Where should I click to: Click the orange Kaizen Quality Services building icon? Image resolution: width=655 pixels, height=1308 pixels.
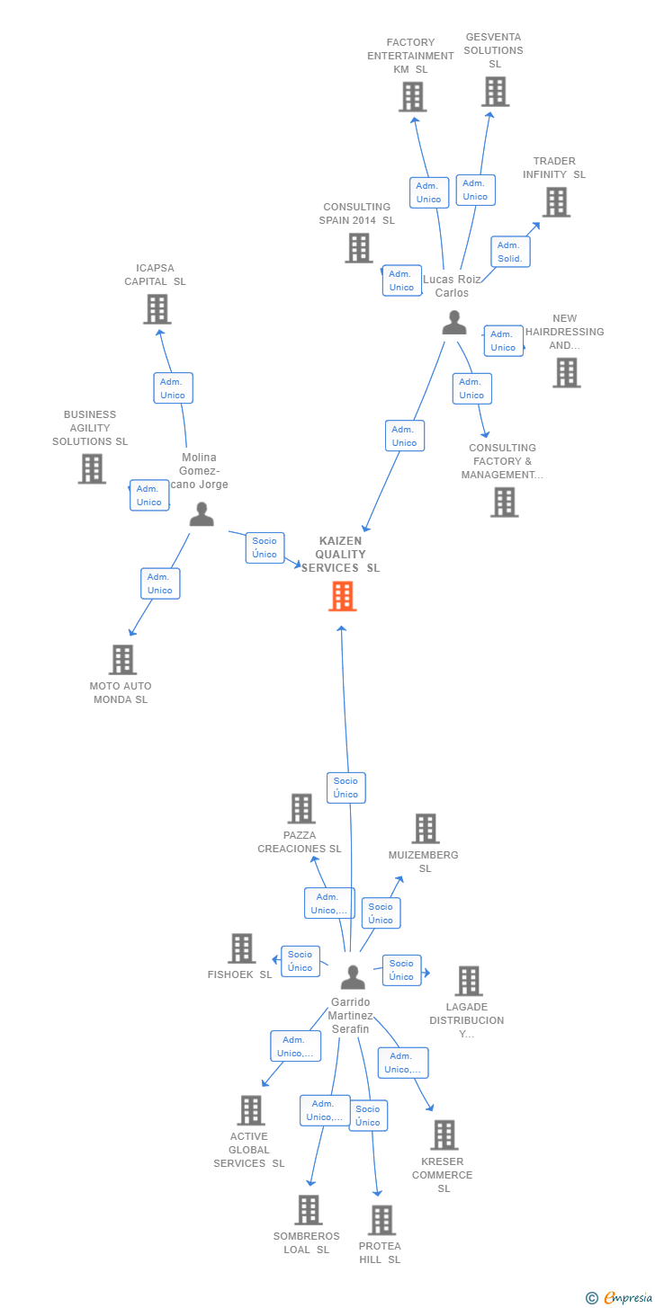pos(342,596)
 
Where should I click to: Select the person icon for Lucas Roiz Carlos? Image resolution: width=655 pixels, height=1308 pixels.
pos(454,323)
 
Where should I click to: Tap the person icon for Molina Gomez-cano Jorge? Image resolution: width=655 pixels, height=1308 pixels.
pos(202,514)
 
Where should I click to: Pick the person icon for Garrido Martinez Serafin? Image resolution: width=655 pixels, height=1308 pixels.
pos(354,977)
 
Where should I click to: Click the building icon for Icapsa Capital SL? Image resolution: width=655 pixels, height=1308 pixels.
pos(157,309)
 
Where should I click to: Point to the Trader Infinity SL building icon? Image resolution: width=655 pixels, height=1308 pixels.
pos(556,202)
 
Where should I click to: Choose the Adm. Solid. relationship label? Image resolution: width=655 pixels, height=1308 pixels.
pos(510,252)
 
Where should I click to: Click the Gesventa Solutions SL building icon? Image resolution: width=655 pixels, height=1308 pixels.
pos(495,92)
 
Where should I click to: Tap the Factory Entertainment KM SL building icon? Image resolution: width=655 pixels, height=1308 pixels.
pos(412,97)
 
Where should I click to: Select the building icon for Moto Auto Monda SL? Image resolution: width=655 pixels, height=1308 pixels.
pos(122,660)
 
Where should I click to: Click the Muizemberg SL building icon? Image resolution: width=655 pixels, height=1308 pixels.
pos(425,829)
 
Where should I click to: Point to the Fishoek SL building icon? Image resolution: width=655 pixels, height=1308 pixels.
pos(241,948)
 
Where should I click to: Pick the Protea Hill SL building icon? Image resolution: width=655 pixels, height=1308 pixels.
pos(381,1220)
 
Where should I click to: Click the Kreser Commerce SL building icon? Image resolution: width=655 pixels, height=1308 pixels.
pos(444,1135)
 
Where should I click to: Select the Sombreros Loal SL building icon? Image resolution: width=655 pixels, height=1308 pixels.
pos(309,1210)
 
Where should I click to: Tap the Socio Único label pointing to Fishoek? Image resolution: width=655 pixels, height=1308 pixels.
pos(301,961)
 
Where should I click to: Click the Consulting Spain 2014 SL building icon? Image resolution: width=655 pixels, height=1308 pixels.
pos(359,248)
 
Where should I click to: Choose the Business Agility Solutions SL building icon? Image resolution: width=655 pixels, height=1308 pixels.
pos(92,468)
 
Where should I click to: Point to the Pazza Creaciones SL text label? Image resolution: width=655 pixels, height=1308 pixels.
pos(300,842)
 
